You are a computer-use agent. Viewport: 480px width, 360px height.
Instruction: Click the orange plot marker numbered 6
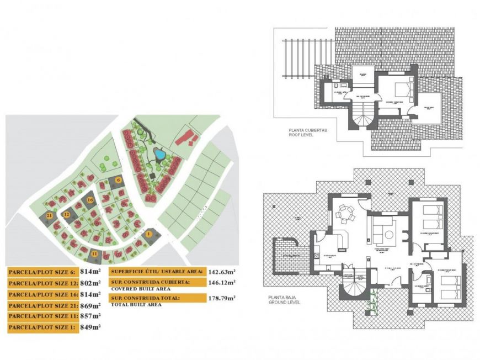(x=118, y=180)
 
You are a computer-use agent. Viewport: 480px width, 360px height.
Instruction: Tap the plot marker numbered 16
(x=90, y=199)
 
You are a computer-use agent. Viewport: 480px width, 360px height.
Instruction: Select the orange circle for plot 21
(x=50, y=216)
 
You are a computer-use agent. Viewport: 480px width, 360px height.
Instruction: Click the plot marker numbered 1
(x=148, y=234)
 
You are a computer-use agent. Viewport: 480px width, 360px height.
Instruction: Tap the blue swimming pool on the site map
(x=159, y=154)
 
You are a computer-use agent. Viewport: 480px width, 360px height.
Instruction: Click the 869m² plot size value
(x=89, y=305)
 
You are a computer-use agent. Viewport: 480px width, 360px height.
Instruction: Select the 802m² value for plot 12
(x=89, y=283)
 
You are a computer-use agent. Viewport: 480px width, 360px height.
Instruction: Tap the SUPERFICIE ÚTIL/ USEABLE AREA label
(x=157, y=272)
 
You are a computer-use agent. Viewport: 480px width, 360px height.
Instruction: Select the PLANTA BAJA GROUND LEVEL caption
(x=285, y=301)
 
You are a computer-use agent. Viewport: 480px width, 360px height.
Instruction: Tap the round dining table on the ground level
(x=345, y=211)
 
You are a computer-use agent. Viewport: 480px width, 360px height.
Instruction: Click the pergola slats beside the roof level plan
(x=297, y=61)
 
